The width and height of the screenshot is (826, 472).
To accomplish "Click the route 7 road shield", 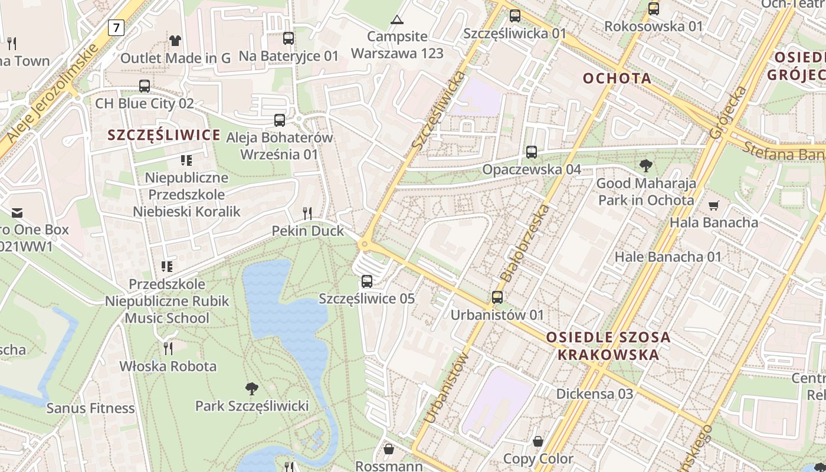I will (116, 27).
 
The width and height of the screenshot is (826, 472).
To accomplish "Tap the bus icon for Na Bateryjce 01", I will (289, 38).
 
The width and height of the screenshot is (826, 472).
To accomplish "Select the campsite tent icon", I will (397, 19).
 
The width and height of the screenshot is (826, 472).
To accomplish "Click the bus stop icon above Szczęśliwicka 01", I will (515, 16).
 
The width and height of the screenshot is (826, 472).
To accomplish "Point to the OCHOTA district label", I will (617, 78).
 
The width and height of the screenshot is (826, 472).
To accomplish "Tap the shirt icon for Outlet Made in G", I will (175, 40).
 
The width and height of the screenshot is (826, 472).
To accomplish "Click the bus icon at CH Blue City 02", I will (145, 86).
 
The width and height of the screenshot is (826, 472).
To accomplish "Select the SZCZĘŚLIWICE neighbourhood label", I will (164, 135).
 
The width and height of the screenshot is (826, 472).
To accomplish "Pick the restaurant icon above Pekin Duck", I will (307, 213).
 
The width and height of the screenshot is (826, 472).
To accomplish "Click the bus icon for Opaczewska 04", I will (532, 152).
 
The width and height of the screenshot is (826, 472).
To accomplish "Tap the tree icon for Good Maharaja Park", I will (646, 166).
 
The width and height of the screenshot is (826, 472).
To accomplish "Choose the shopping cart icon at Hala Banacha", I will (714, 205).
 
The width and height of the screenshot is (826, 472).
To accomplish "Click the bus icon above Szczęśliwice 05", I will (367, 281).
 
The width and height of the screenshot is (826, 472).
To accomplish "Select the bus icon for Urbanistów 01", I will (497, 297).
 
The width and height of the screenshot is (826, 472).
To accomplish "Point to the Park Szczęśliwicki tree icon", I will (252, 388).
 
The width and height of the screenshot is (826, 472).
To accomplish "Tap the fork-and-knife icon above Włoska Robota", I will (168, 348).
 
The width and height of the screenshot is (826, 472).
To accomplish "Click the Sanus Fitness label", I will (91, 408).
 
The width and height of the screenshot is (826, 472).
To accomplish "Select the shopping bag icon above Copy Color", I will (538, 441).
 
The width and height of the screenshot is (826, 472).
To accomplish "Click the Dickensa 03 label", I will (595, 394).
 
